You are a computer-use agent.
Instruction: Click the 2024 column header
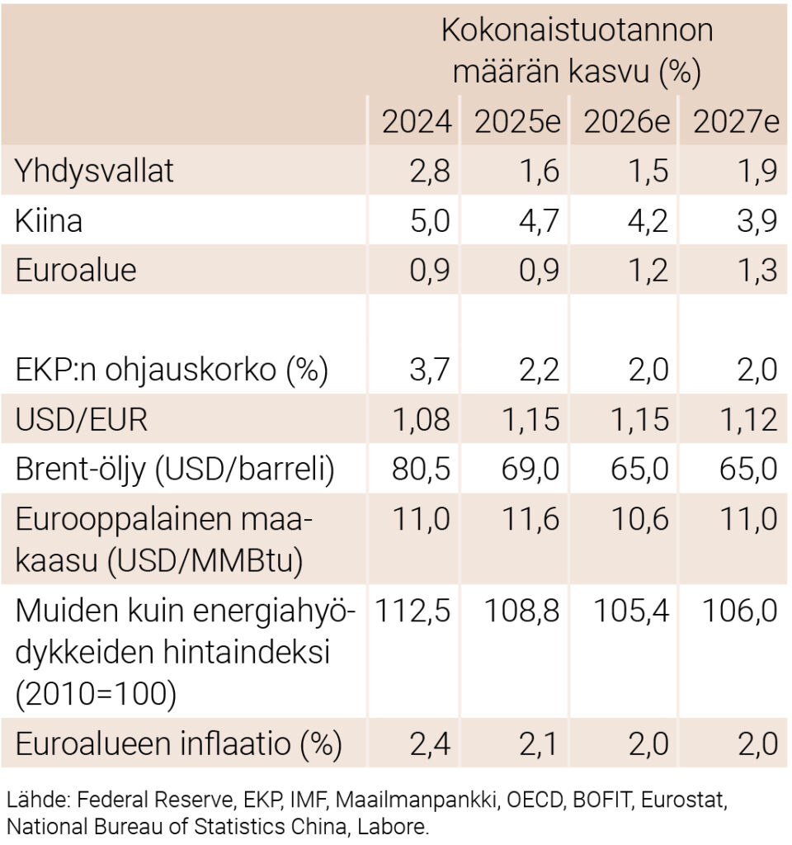coord(417,122)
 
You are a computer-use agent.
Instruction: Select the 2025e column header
coord(517,122)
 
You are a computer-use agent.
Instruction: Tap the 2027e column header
coord(736,122)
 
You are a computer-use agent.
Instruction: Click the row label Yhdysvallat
coord(95,172)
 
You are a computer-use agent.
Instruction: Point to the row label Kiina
coord(49,221)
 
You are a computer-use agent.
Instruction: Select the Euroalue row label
coord(76,271)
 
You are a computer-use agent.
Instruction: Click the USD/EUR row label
coord(82,420)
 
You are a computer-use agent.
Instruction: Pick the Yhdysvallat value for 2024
coord(429,172)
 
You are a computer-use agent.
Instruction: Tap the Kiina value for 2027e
coord(757,221)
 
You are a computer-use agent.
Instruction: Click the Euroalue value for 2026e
coord(648,271)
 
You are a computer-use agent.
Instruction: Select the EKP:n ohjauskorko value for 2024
coord(429,371)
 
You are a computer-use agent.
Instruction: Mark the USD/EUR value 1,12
coord(746,420)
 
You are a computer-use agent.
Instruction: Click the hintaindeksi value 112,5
coord(413,611)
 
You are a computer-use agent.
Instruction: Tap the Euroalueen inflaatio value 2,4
coord(429,744)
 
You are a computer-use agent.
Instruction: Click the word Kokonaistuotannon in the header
coord(577,31)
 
